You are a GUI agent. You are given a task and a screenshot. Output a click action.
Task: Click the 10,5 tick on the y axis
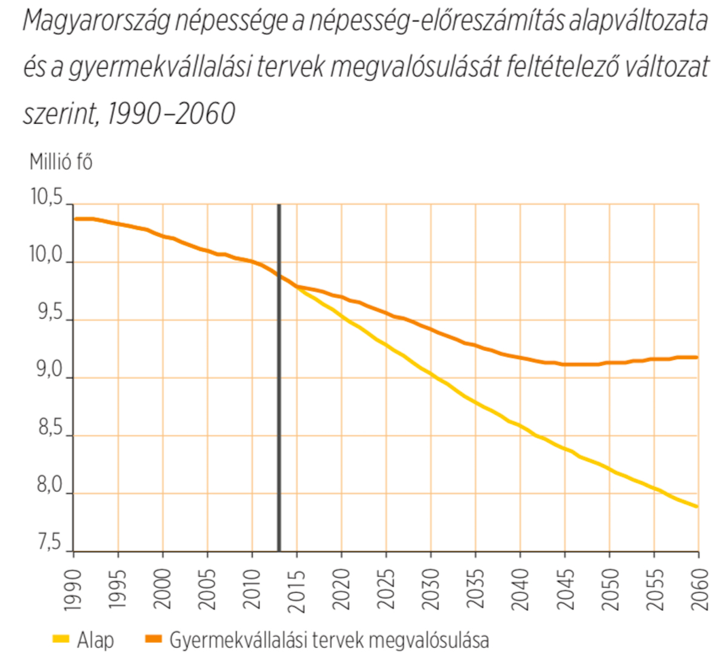coord(47,198)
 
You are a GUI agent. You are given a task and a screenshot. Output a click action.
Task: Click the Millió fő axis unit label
coord(61,162)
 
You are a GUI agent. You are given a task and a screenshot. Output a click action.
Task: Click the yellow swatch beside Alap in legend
coord(62,639)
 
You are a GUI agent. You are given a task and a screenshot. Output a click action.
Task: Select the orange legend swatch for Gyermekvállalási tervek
coord(154,639)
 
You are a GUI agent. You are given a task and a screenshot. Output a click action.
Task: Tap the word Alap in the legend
coord(95,639)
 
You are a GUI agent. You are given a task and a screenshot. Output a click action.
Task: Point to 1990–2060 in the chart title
coord(171,113)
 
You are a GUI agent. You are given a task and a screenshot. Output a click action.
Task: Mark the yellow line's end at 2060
coord(698,506)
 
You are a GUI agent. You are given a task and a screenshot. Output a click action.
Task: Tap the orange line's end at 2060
coord(698,357)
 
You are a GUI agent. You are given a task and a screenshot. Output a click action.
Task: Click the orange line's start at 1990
coord(75,219)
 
